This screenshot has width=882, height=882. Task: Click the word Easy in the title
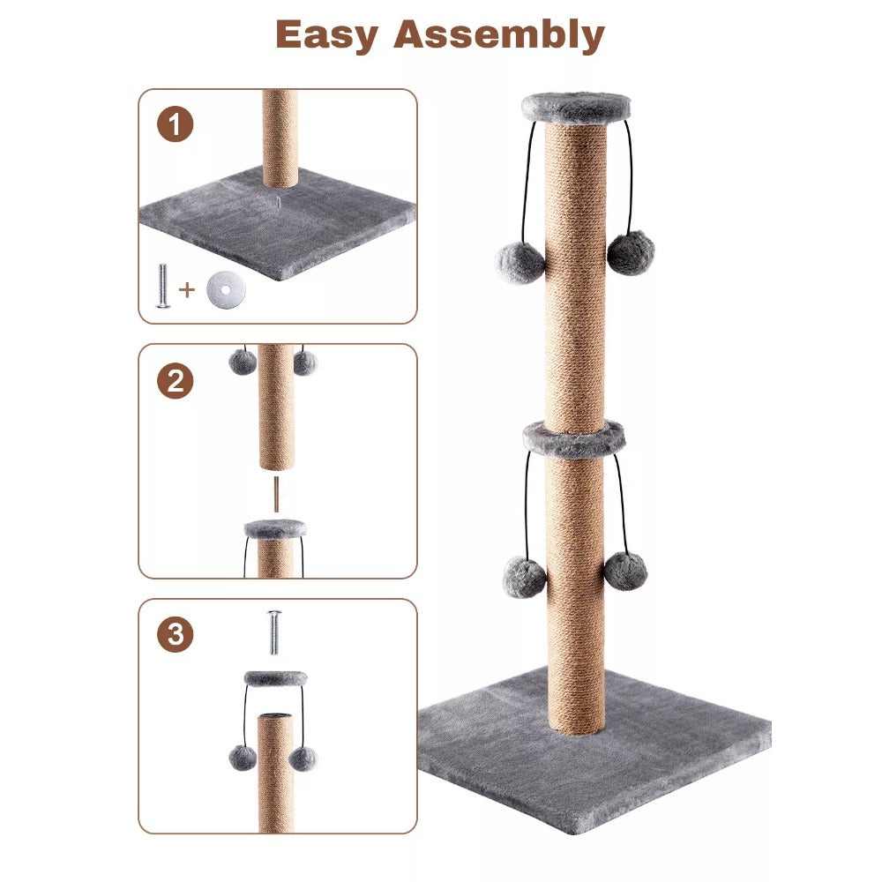pos(328,35)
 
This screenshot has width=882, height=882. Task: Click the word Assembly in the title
pos(499,35)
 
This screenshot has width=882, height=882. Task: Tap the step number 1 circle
pos(175,124)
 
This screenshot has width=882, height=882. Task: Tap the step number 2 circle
pos(175,381)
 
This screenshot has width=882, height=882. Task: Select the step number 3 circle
pos(175,635)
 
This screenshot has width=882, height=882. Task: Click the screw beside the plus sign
pos(162,288)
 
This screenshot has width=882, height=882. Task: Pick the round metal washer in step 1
pos(225,288)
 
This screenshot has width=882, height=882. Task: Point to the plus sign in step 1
pos(187,288)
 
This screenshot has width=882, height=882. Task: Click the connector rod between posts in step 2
pos(276,495)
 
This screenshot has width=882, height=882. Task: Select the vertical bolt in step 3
pos(273,632)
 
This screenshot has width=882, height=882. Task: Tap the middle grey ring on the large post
pos(573,437)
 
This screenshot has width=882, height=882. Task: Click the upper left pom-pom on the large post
pos(520,262)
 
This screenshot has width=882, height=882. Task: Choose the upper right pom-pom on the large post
pos(631,252)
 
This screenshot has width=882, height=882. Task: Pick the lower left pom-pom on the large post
pos(524,577)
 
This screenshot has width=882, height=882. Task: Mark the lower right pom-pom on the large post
pos(625,571)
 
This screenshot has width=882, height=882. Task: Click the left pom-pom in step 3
pos(243,757)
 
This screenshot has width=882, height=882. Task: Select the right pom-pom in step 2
pos(304,363)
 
